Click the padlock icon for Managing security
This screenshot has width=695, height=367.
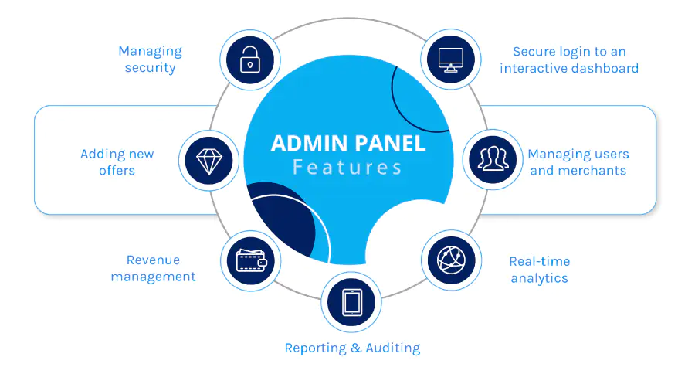click(250, 59)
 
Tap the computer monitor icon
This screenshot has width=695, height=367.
click(450, 59)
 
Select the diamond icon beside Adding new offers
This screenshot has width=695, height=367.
click(208, 161)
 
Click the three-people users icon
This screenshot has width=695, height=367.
click(493, 159)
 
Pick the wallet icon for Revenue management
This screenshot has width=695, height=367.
click(251, 260)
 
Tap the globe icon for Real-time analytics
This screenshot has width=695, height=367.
click(451, 260)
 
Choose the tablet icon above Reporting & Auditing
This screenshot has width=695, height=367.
click(352, 302)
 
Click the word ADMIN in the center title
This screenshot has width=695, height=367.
click(310, 144)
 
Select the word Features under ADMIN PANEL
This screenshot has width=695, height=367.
click(347, 168)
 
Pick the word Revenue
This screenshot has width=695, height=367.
click(154, 260)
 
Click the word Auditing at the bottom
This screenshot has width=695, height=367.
click(393, 348)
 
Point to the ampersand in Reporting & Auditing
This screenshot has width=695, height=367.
click(356, 348)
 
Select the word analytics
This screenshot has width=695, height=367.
click(540, 279)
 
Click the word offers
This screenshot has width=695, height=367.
click(117, 171)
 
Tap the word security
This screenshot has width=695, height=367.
click(151, 68)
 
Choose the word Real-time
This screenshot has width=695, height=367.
click(540, 261)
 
